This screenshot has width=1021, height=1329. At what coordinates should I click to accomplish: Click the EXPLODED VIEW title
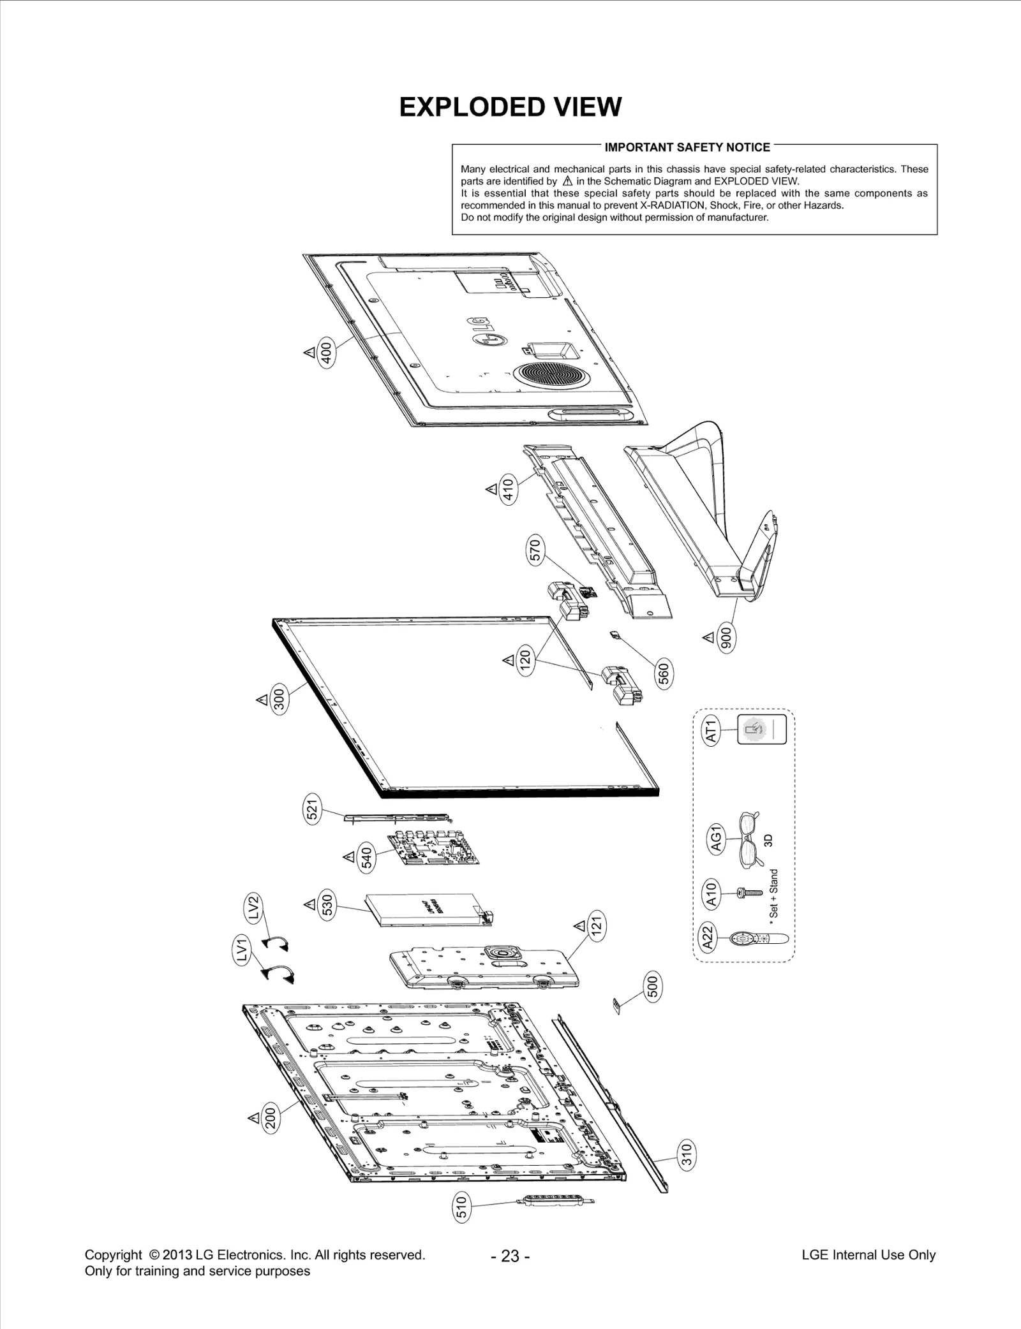tap(510, 107)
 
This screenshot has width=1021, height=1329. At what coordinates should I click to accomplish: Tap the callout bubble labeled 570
tap(535, 551)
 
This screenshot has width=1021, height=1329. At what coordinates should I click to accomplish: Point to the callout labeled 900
tap(726, 638)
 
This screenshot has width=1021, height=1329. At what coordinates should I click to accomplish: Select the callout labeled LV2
tap(253, 907)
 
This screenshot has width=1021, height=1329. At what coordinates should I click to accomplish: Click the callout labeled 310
tap(687, 1171)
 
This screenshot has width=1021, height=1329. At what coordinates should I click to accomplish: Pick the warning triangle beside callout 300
tap(262, 700)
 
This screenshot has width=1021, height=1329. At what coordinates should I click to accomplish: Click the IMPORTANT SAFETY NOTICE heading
tap(687, 147)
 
